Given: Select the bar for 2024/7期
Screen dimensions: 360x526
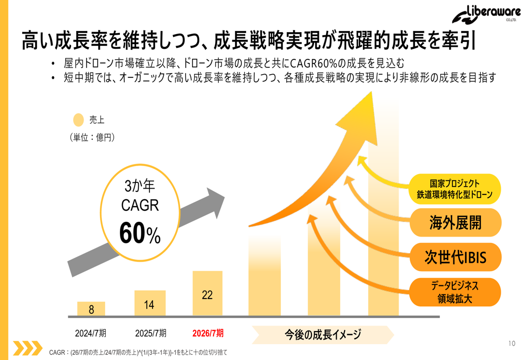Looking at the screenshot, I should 91,309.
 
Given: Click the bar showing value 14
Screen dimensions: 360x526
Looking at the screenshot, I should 149,303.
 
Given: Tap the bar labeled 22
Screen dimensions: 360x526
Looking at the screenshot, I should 207,294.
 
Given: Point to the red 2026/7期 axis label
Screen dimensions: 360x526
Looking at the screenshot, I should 208,333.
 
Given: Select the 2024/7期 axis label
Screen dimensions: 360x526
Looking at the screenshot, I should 91,333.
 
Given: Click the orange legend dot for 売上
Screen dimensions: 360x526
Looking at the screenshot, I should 78,120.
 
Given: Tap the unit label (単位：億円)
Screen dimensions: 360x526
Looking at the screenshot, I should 92,138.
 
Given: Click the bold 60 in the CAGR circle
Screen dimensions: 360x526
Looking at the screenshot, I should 132,233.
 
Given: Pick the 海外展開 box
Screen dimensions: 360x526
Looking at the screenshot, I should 455,222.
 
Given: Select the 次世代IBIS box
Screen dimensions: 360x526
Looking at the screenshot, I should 455,257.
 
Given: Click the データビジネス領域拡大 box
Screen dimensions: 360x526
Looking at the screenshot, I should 455,292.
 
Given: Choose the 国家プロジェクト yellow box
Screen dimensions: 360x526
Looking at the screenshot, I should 455,189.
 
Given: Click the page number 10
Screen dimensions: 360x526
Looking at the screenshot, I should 512,344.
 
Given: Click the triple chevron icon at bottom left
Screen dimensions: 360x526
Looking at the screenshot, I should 27,347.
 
